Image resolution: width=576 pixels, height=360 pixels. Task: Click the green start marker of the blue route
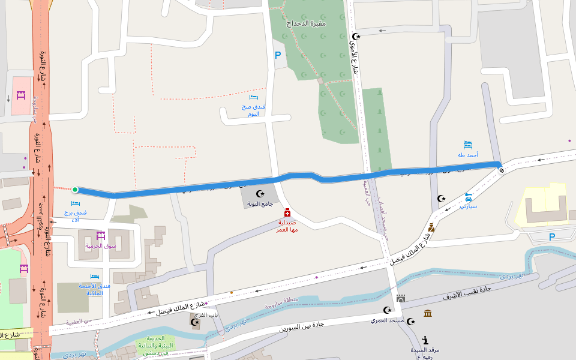point(75,190)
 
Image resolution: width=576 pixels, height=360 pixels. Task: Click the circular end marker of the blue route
point(501,170)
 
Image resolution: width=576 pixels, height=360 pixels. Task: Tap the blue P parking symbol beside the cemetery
point(277,56)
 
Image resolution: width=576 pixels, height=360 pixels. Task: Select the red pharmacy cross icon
point(287,212)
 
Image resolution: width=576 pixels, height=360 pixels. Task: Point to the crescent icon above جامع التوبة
point(260,194)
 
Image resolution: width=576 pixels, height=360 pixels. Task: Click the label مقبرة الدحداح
point(306,23)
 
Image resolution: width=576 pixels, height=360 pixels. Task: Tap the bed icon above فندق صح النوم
point(254,97)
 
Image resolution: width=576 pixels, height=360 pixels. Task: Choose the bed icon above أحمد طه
point(468,145)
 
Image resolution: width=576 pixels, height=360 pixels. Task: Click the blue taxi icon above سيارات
point(469,196)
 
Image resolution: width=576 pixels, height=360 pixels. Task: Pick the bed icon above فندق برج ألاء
point(76,203)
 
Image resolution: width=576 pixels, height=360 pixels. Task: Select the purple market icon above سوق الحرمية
point(100,236)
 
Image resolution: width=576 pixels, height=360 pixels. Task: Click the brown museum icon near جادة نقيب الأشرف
point(428,313)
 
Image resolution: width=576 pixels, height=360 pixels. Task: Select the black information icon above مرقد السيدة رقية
point(425,340)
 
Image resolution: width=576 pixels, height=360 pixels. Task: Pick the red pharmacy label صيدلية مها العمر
point(287,225)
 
